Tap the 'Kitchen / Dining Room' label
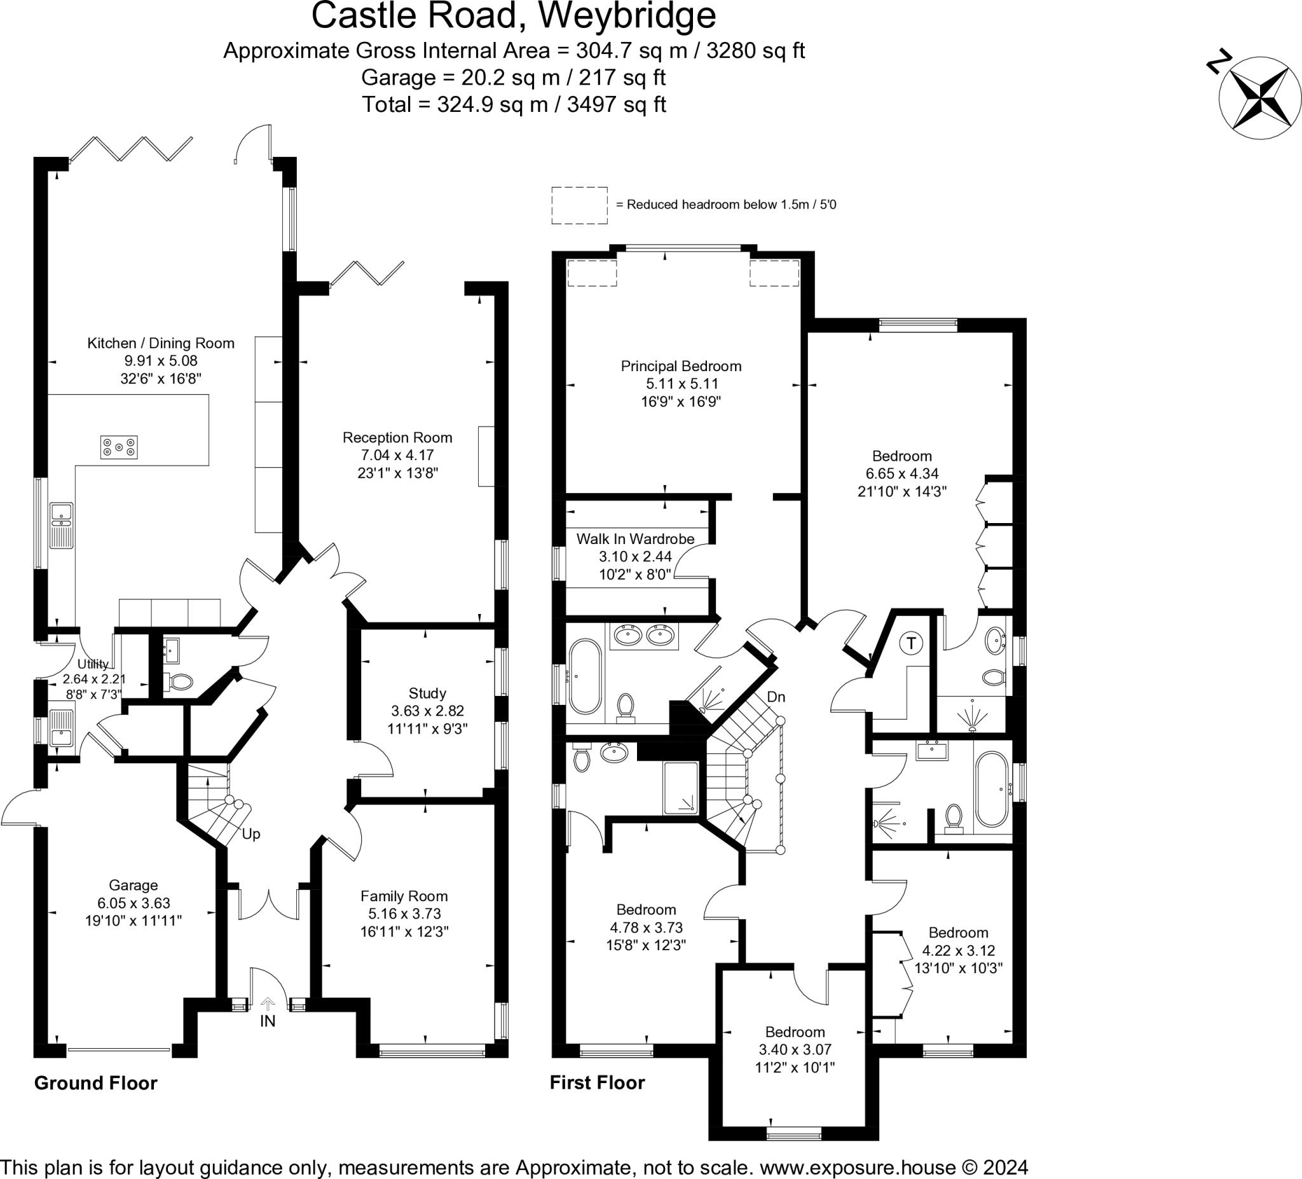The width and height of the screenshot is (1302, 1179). [161, 343]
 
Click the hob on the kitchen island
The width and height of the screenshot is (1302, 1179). [119, 447]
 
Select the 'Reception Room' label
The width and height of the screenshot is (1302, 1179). [397, 438]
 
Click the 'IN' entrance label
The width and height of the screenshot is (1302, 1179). [268, 1021]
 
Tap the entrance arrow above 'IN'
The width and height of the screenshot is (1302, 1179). [268, 1004]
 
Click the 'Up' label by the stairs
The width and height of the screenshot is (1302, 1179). [251, 835]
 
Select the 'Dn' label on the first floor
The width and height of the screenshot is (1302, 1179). [776, 697]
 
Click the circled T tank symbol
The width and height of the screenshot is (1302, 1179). [911, 643]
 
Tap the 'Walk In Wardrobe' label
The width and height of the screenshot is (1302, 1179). [635, 539]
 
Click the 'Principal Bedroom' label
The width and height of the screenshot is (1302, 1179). [681, 366]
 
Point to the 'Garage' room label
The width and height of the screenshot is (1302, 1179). [133, 885]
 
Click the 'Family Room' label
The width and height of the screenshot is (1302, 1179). [404, 896]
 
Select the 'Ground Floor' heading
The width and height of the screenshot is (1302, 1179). [95, 1083]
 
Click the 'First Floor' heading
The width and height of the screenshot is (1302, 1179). [597, 1083]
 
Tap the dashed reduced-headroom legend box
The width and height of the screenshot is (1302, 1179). [579, 205]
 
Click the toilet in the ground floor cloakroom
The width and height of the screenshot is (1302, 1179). [180, 682]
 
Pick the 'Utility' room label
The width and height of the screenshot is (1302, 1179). [93, 664]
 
